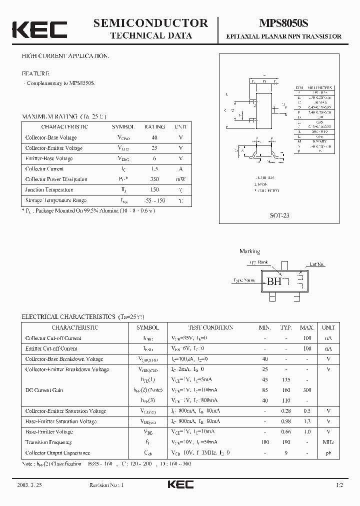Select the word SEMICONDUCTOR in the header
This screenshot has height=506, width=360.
coord(150,22)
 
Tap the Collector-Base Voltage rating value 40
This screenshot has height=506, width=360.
coord(154,137)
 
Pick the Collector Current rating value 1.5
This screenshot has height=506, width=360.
coord(154,169)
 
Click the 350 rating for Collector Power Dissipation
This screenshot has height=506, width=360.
coord(154,179)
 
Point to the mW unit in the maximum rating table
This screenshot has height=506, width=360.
coord(180,179)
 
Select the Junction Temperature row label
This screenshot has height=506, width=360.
coord(49,190)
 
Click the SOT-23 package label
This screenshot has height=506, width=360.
coord(279,215)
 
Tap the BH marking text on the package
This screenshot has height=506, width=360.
coord(274,281)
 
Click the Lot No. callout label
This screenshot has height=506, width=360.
coord(317,264)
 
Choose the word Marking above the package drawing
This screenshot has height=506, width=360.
coord(249,251)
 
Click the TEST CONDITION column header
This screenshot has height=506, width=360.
coord(210,327)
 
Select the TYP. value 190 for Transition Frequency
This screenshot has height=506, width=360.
coord(286,442)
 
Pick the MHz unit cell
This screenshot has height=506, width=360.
coord(328,442)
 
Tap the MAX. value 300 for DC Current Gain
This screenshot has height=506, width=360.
coord(307,390)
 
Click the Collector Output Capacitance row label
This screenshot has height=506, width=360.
coord(57,453)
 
